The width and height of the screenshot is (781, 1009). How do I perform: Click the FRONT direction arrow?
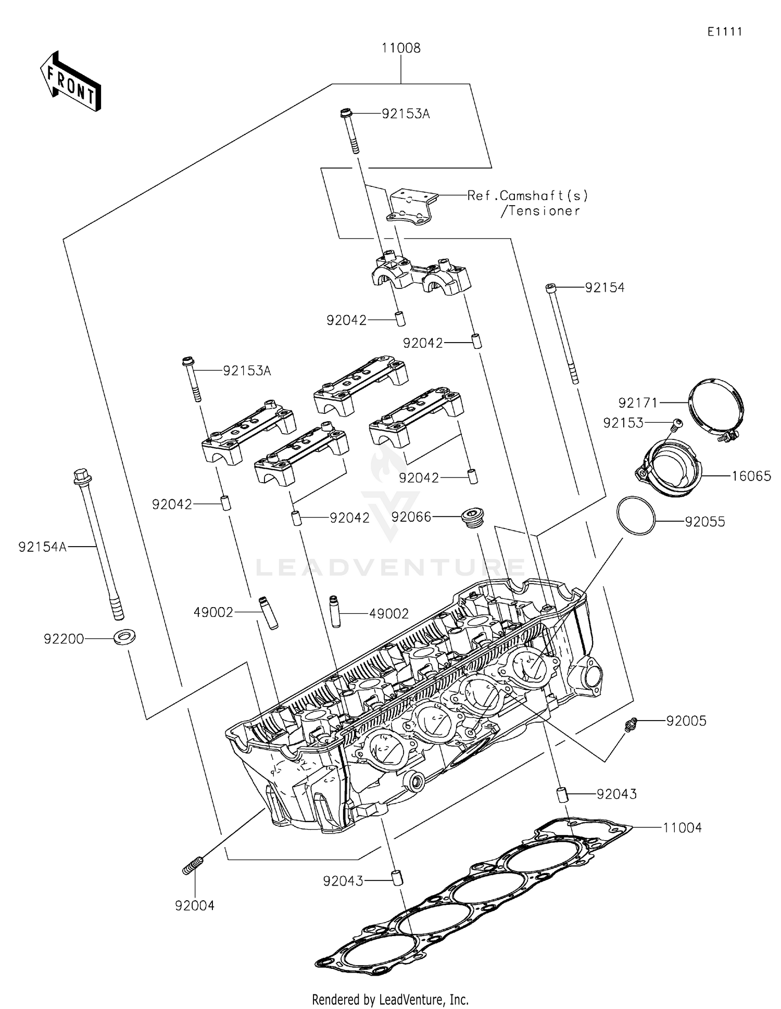pyautogui.click(x=70, y=82)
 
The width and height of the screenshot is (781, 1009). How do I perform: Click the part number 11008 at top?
pyautogui.click(x=400, y=48)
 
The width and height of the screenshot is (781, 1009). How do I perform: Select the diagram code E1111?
pyautogui.click(x=724, y=32)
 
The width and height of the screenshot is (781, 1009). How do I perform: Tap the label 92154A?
pyautogui.click(x=42, y=547)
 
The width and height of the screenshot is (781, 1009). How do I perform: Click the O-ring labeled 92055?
pyautogui.click(x=635, y=515)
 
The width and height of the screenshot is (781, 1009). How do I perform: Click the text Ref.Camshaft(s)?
pyautogui.click(x=527, y=196)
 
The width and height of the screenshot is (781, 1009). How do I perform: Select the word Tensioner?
pyautogui.click(x=544, y=211)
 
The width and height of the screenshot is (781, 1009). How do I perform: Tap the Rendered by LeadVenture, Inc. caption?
pyautogui.click(x=390, y=999)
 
